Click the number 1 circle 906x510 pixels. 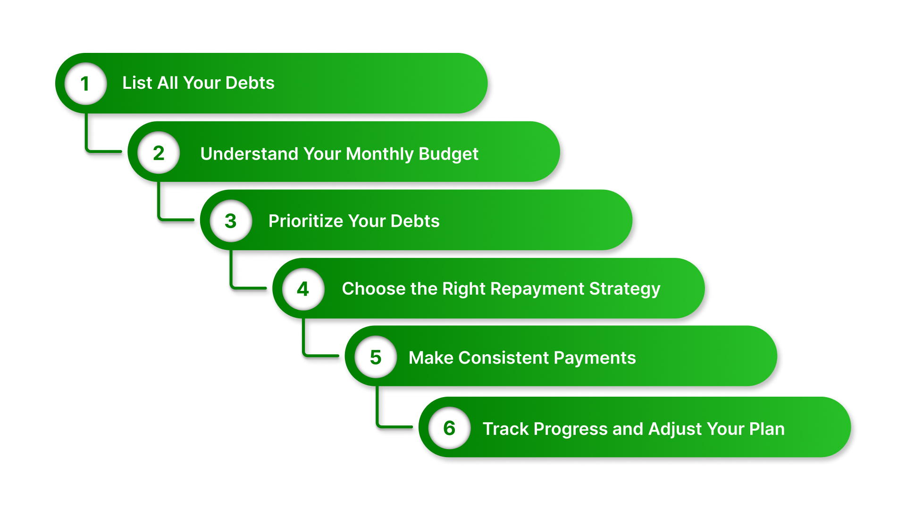[x=85, y=84]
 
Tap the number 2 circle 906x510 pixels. [x=159, y=153]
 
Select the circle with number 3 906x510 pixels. [x=231, y=221]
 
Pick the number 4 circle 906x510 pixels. [x=303, y=289]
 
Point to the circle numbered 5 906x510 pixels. [x=376, y=357]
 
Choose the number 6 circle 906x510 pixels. [x=449, y=428]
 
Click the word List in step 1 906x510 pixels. [x=137, y=83]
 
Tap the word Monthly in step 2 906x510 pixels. [x=379, y=154]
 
